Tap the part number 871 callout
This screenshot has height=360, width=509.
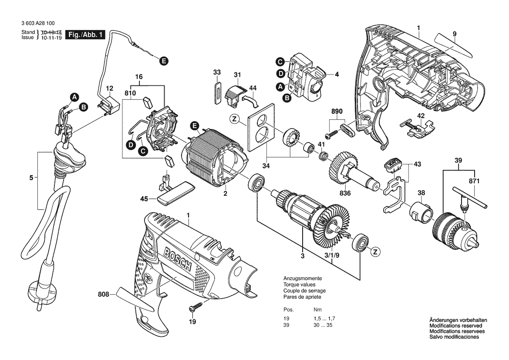475,181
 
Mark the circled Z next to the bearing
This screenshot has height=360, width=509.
374,252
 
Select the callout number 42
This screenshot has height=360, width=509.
421,116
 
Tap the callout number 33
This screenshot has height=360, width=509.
217,72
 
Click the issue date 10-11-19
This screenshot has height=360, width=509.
50,38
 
